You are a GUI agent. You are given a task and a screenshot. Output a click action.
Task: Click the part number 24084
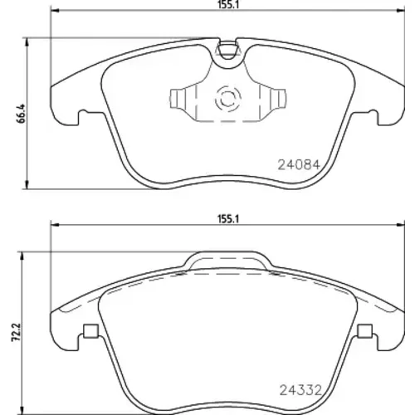pyautogui.click(x=299, y=165)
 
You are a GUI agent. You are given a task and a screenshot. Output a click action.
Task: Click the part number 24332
pyautogui.click(x=301, y=390)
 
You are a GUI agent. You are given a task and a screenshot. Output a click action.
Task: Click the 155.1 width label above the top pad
pyautogui.click(x=228, y=5)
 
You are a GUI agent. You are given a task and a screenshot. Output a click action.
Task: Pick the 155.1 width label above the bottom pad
pyautogui.click(x=228, y=219)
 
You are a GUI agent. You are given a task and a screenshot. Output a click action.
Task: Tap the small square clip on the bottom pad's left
pyautogui.click(x=90, y=331)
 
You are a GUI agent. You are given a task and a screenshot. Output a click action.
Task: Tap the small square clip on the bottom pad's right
pyautogui.click(x=364, y=331)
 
